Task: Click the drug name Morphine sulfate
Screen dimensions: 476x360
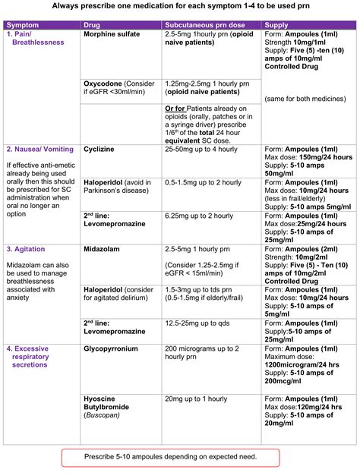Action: [112, 35]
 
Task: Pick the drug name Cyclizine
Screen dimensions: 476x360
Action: [99, 149]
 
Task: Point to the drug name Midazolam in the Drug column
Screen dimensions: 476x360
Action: [103, 248]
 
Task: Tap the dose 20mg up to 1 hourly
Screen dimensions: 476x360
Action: [196, 399]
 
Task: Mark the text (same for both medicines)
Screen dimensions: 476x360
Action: [301, 99]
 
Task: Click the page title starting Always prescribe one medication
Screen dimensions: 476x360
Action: [179, 7]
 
